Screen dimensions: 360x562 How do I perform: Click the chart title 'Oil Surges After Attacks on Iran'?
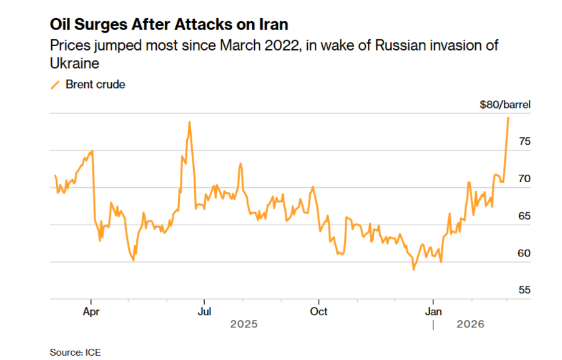pos(169,25)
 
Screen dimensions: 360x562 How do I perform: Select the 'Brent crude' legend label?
pos(96,84)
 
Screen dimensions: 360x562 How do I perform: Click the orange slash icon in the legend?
pos(55,84)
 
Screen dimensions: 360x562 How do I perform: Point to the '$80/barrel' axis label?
pos(505,105)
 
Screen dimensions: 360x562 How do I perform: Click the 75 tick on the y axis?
pos(525,142)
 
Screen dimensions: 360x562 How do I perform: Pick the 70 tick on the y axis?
pos(525,179)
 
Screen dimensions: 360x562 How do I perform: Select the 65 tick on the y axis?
pos(525,216)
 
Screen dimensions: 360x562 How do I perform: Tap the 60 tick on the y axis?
pos(525,253)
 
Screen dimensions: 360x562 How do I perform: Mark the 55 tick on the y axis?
pos(525,290)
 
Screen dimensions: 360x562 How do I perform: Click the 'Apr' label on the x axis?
pos(92,310)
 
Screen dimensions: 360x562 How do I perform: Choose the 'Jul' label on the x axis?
pos(204,310)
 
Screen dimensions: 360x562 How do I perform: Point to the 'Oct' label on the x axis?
pos(318,310)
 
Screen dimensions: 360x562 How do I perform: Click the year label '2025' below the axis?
pos(244,324)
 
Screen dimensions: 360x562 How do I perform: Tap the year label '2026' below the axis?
pos(470,324)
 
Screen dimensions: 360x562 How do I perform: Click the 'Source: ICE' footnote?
pos(75,353)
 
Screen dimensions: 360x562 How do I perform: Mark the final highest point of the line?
pos(508,117)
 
